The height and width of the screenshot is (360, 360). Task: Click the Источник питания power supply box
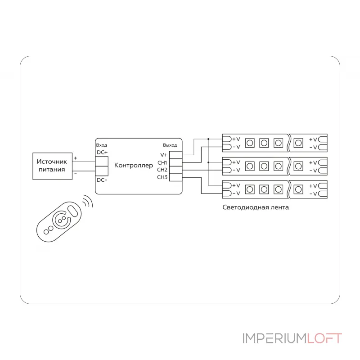[x=53, y=166]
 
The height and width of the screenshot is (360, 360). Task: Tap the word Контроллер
[x=133, y=165]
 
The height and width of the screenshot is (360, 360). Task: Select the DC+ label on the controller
[x=102, y=153]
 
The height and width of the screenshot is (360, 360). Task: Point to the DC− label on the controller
[x=102, y=180]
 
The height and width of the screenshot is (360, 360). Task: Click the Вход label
[x=102, y=145]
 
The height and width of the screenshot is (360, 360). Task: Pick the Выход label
[x=170, y=145]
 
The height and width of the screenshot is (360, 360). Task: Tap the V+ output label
[x=164, y=155]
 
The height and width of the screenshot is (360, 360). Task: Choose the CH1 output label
[x=162, y=163]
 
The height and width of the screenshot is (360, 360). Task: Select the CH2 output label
[x=162, y=170]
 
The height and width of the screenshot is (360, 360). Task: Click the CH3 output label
[x=162, y=177]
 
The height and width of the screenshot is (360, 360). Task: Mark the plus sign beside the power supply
[x=76, y=158]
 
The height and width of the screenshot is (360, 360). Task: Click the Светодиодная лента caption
[x=256, y=207]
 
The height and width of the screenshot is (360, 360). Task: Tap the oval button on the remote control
[x=73, y=211]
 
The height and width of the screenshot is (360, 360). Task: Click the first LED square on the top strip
[x=250, y=143]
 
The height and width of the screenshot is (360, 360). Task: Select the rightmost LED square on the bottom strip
[x=298, y=189]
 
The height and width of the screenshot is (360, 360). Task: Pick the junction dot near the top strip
[x=208, y=139]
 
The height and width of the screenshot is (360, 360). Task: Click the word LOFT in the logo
[x=324, y=338]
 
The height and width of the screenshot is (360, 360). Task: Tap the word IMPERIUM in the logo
[x=274, y=338]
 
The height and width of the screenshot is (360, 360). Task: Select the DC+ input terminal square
[x=102, y=162]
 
